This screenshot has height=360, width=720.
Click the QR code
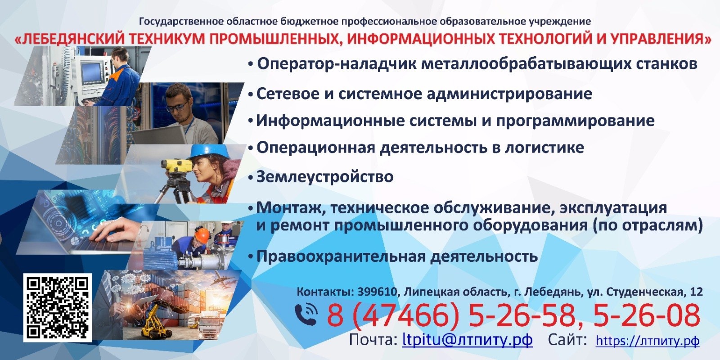58,308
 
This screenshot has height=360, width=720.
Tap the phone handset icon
306,314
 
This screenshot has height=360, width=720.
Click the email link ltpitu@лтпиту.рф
468,340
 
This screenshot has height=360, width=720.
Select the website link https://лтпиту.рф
648,341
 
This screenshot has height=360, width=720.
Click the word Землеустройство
325,177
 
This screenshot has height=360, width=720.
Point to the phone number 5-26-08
646,315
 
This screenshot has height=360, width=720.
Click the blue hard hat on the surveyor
209,151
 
